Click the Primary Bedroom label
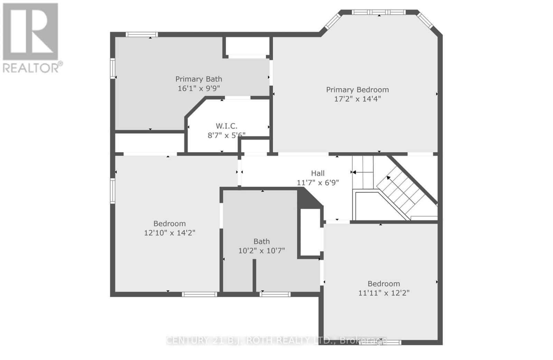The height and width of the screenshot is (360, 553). coord(357,90)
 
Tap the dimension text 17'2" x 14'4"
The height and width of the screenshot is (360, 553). coord(357,99)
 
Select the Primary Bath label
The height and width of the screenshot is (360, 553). coord(198,79)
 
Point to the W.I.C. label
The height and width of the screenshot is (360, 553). coord(226,126)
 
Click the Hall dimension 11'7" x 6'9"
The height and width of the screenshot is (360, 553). coord(318,182)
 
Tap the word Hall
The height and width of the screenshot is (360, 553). coord(318,173)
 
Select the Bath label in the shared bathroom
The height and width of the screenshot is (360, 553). coord(261,241)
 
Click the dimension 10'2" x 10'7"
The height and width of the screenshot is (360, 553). coord(261,250)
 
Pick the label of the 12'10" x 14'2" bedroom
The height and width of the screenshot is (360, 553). coord(169,224)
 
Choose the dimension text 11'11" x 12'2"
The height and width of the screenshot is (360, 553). coord(384,293)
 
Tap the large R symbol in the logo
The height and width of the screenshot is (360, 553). coord(30,31)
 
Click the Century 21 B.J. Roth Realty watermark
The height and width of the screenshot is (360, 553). coord(276,340)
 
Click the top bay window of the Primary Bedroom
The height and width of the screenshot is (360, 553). coord(379,12)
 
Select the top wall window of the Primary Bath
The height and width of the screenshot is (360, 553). coord(141,34)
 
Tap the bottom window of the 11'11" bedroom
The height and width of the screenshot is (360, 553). coord(380,342)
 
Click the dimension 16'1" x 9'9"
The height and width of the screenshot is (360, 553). coord(198,88)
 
